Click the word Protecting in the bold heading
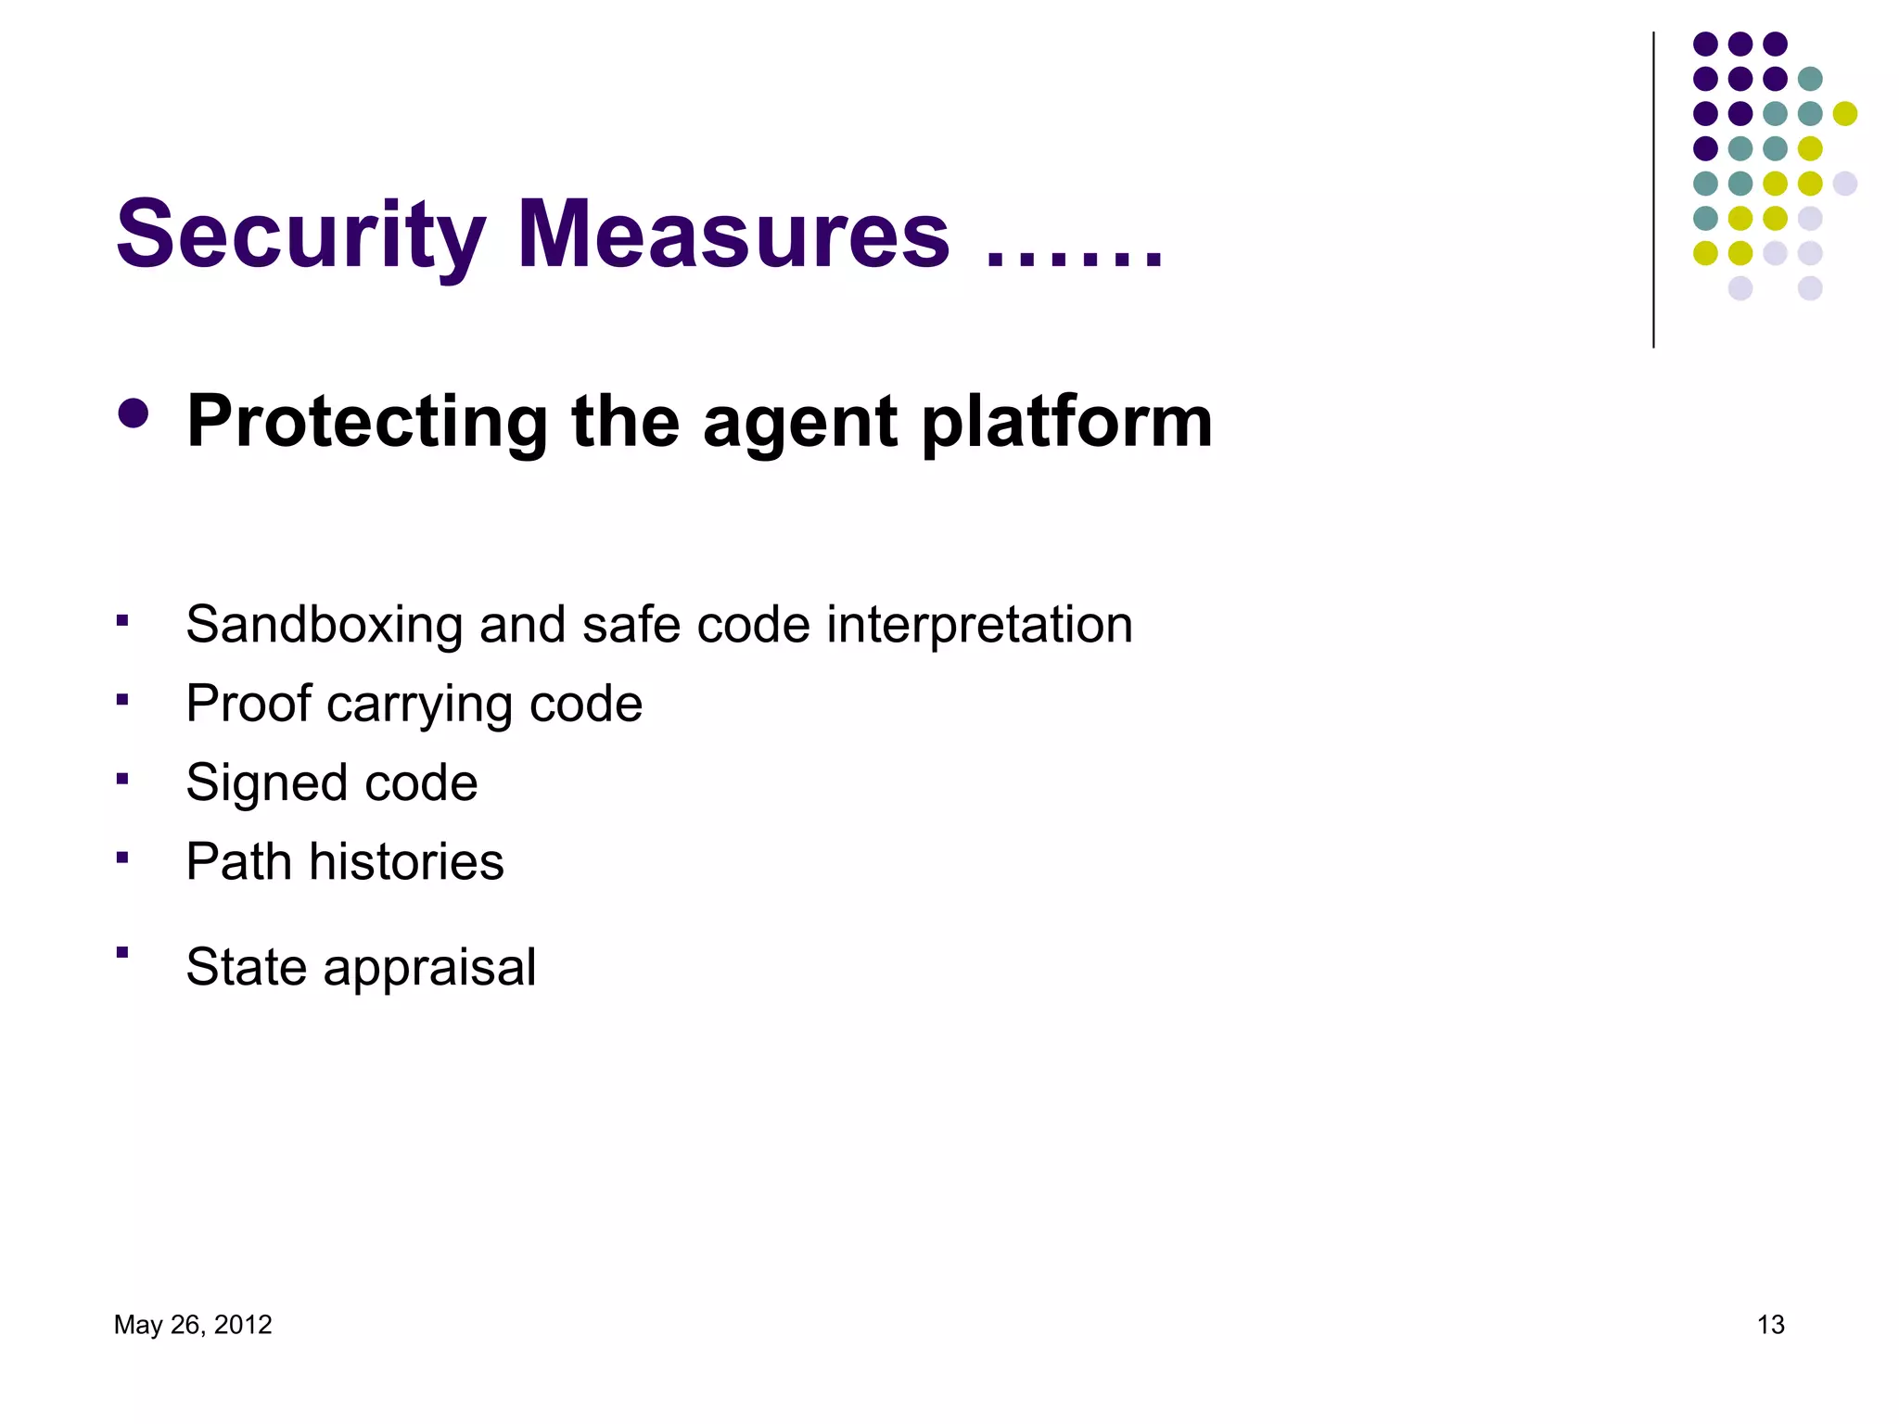(x=367, y=422)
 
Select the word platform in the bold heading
(x=1066, y=422)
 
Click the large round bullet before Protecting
(x=134, y=413)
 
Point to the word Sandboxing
(x=325, y=624)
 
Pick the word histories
(x=406, y=861)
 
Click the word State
(x=247, y=966)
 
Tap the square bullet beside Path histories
(x=122, y=857)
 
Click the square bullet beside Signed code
(x=122, y=778)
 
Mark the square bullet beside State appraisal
(x=122, y=951)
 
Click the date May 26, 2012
(x=193, y=1325)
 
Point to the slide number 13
(x=1770, y=1325)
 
